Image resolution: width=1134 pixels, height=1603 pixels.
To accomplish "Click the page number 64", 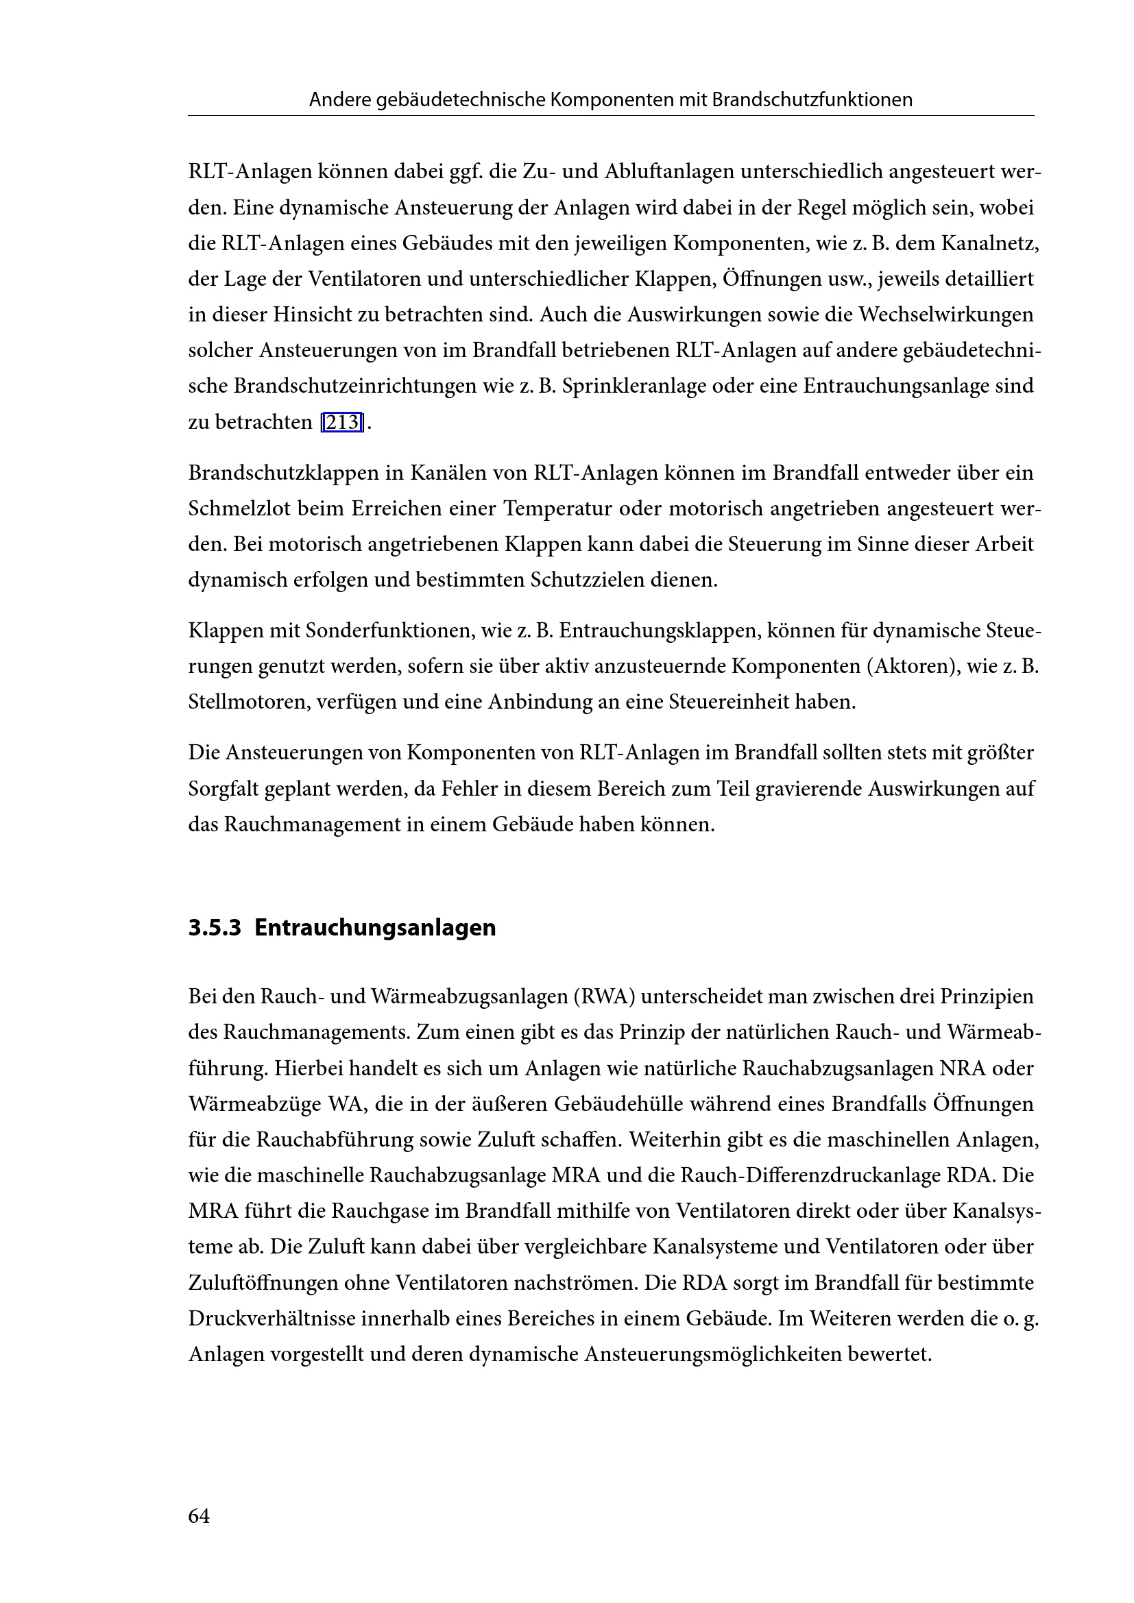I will [199, 1516].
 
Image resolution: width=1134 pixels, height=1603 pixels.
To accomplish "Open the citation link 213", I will [342, 422].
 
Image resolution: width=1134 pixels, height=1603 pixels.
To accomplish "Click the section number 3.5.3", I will [215, 928].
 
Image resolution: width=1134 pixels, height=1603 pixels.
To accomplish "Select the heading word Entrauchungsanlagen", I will [375, 928].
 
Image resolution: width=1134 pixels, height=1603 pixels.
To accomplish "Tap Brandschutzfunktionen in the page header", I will [812, 100].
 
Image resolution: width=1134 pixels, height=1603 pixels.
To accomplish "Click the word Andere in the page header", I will [339, 100].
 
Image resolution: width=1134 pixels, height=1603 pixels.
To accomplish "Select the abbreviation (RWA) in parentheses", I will [603, 996].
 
